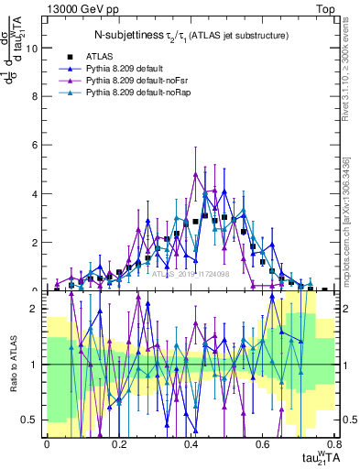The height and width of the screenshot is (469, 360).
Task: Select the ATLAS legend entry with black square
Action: tap(101, 55)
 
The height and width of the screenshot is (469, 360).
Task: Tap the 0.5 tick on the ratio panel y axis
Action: tap(30, 420)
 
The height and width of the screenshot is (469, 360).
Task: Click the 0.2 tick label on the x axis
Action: tap(118, 444)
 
